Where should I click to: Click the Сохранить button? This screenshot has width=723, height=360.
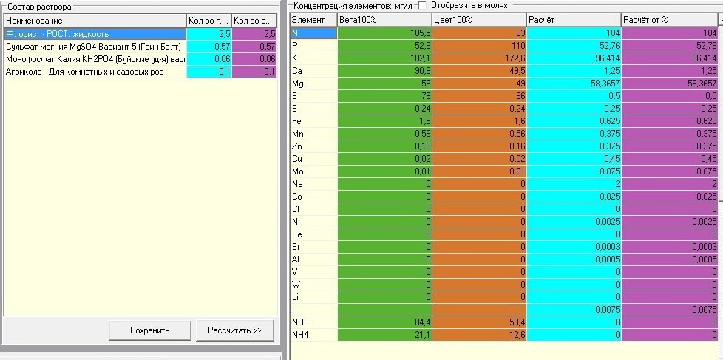pos(150,330)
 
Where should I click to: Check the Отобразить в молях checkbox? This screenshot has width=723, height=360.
pos(422,5)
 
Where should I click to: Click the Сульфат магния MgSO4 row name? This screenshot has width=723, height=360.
pos(94,47)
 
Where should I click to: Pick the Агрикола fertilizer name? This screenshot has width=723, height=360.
pos(85,72)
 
